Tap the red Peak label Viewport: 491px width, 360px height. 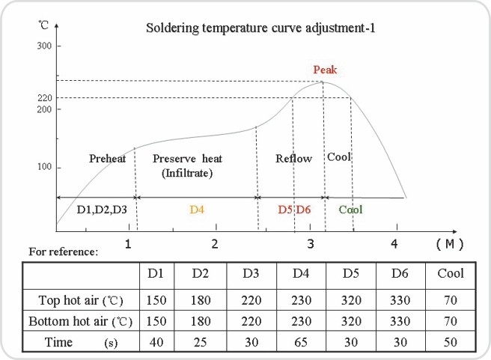click(x=325, y=70)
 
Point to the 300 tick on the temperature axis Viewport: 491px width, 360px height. click(x=44, y=46)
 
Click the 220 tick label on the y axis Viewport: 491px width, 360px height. click(x=44, y=98)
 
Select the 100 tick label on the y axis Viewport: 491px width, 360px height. click(x=44, y=167)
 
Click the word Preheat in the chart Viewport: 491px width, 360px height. click(x=107, y=159)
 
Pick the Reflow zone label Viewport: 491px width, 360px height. click(x=293, y=159)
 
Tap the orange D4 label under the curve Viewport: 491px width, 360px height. click(x=197, y=210)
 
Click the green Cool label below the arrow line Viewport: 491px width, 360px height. click(x=350, y=210)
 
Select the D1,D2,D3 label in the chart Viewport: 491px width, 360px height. click(x=102, y=210)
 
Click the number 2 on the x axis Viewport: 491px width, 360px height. click(x=215, y=244)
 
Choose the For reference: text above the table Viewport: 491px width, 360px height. click(x=64, y=251)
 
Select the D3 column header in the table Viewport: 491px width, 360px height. click(x=251, y=274)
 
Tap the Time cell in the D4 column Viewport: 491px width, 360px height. click(x=301, y=343)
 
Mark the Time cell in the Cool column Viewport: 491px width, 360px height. click(x=451, y=343)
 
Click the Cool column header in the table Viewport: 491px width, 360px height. click(x=451, y=274)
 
